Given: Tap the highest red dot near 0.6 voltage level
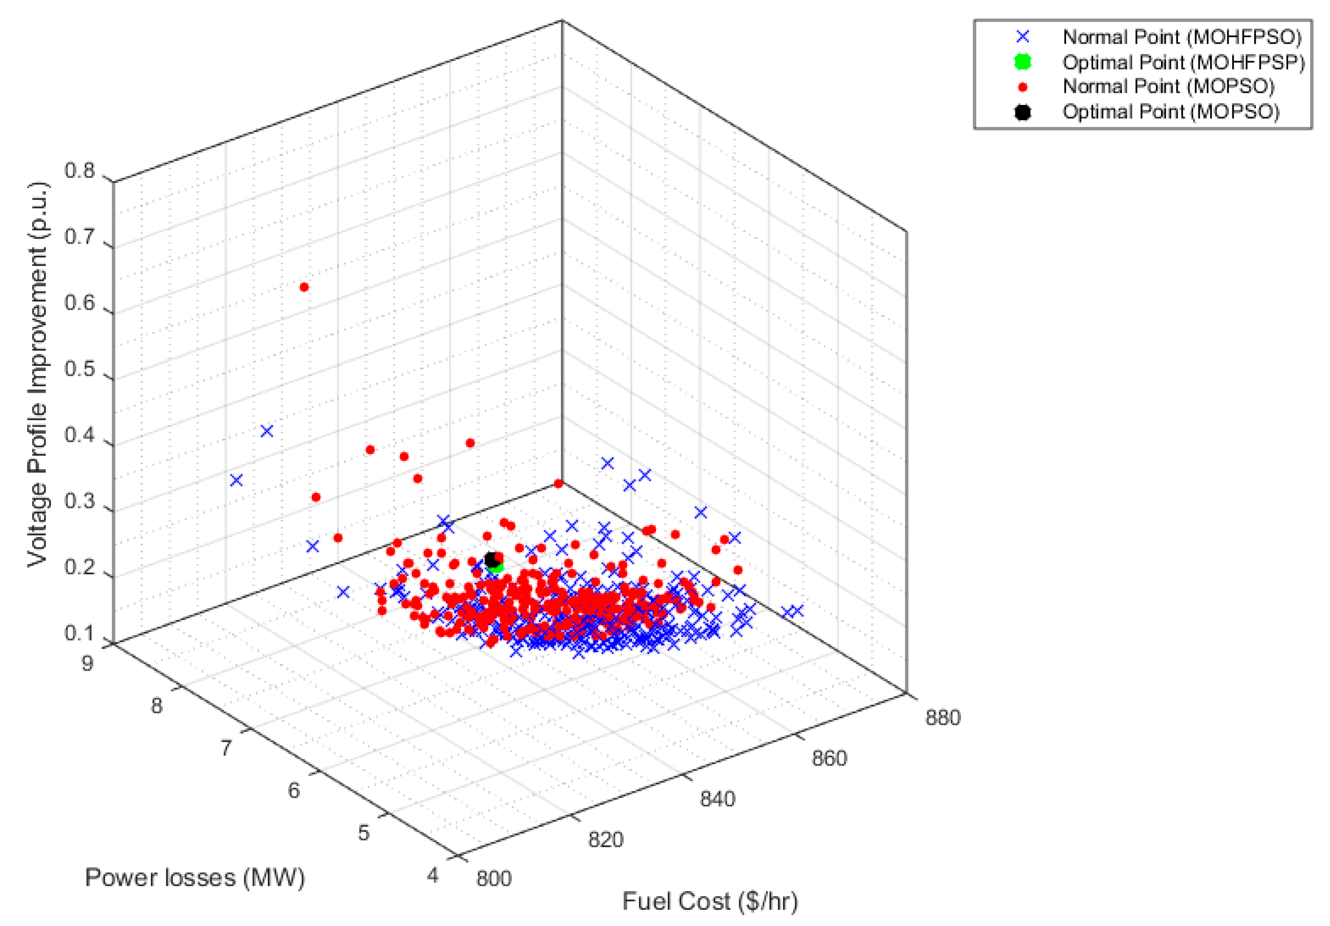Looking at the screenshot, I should (304, 287).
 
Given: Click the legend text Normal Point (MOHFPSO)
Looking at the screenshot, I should (1182, 37).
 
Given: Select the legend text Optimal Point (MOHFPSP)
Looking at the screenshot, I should (1183, 62).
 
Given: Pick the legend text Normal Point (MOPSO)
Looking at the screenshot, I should (1168, 87).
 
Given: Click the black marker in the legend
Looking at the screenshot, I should (1023, 112).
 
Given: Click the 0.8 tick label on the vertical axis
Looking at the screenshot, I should (79, 171).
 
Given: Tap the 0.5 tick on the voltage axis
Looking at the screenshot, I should (79, 369).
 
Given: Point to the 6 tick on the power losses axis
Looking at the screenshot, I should (294, 790).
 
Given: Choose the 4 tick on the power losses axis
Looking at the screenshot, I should (433, 875).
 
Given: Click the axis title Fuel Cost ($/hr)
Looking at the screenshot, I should (710, 901).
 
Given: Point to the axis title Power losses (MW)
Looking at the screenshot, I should (195, 877).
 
